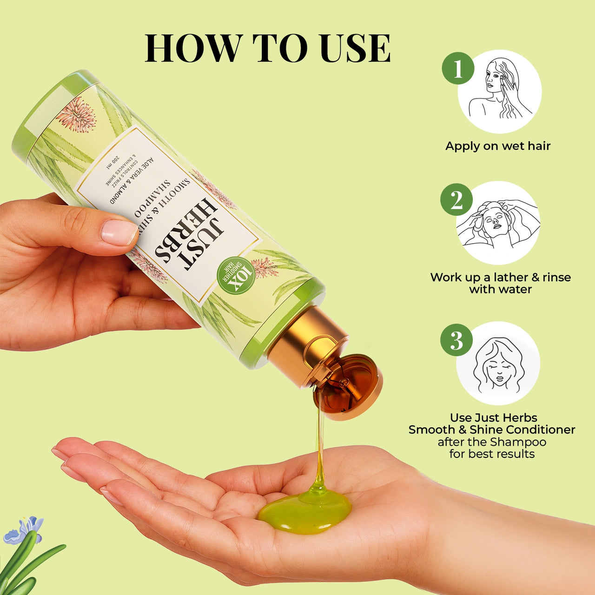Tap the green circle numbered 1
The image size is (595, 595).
pos(458,68)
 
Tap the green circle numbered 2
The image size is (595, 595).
pos(456,200)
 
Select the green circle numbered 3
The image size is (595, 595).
pos(456,340)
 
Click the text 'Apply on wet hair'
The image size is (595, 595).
pos(498,146)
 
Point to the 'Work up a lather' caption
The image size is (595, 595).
pos(500,278)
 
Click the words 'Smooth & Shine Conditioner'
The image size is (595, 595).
pos(492,430)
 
